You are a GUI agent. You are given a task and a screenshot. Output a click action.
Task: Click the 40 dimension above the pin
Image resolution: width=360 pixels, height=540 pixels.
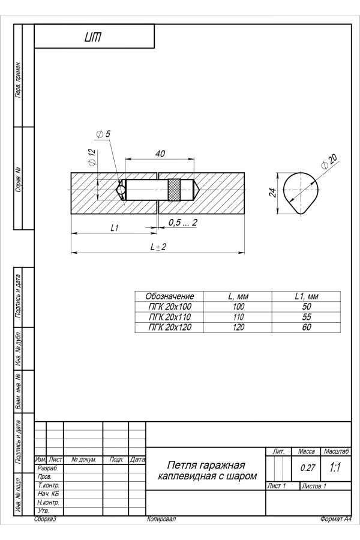pos(160,154)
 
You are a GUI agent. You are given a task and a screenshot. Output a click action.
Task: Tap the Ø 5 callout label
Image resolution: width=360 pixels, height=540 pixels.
pos(103,134)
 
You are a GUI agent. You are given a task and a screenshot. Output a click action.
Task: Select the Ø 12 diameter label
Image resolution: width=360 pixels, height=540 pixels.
pos(91,158)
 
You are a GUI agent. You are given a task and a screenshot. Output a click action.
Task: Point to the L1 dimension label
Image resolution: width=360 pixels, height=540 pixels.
pos(115,227)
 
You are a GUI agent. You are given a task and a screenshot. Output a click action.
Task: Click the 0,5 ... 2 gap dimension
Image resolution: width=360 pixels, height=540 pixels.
pos(183,223)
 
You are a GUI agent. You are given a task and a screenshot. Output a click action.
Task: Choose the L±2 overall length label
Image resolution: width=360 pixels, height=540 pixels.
pos(158,247)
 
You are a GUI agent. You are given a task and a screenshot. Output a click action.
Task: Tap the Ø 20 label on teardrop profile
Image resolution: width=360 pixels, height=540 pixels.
pos(329,161)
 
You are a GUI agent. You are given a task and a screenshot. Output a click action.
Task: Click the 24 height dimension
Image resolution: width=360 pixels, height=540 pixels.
pos(272,193)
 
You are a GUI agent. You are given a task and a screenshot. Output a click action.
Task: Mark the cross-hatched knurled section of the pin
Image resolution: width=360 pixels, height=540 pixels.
pos(175,190)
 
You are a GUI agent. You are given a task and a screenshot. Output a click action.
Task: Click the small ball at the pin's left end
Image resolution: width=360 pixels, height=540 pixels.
pos(121,190)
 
